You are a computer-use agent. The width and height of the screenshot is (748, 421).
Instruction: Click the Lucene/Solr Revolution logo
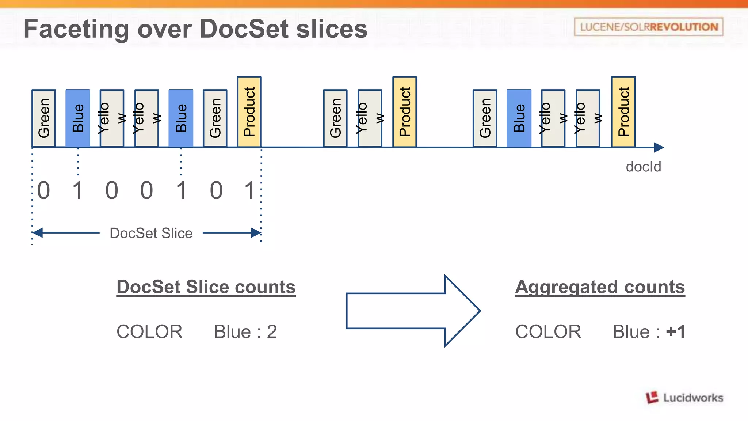(x=648, y=27)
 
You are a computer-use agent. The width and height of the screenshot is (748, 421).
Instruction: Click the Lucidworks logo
(x=684, y=397)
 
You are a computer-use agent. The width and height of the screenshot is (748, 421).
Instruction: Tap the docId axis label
(x=643, y=167)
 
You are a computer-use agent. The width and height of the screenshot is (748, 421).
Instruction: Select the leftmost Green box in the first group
(x=44, y=118)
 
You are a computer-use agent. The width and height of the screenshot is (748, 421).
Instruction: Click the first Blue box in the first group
(x=78, y=118)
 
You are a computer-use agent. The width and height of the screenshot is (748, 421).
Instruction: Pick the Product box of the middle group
(x=404, y=112)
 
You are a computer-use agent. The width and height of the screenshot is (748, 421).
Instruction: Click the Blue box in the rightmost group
(x=519, y=118)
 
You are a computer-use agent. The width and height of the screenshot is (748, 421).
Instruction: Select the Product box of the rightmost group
(x=623, y=112)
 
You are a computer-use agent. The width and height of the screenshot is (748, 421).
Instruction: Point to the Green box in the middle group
(x=335, y=118)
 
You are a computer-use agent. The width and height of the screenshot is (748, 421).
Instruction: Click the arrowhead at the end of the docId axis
(x=659, y=147)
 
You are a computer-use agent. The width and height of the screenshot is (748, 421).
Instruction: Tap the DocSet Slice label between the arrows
(x=151, y=233)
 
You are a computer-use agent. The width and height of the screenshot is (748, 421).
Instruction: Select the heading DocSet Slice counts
(x=206, y=287)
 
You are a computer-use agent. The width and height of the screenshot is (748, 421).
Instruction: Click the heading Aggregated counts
(x=600, y=287)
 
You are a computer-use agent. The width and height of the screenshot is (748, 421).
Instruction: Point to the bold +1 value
(x=675, y=332)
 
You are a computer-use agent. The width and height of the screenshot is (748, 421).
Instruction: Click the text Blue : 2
(x=245, y=332)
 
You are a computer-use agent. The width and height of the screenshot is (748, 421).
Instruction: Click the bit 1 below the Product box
(x=249, y=190)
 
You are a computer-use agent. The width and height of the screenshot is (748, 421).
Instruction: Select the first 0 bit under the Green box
(x=44, y=190)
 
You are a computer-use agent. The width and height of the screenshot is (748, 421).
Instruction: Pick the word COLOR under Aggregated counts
(x=548, y=332)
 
